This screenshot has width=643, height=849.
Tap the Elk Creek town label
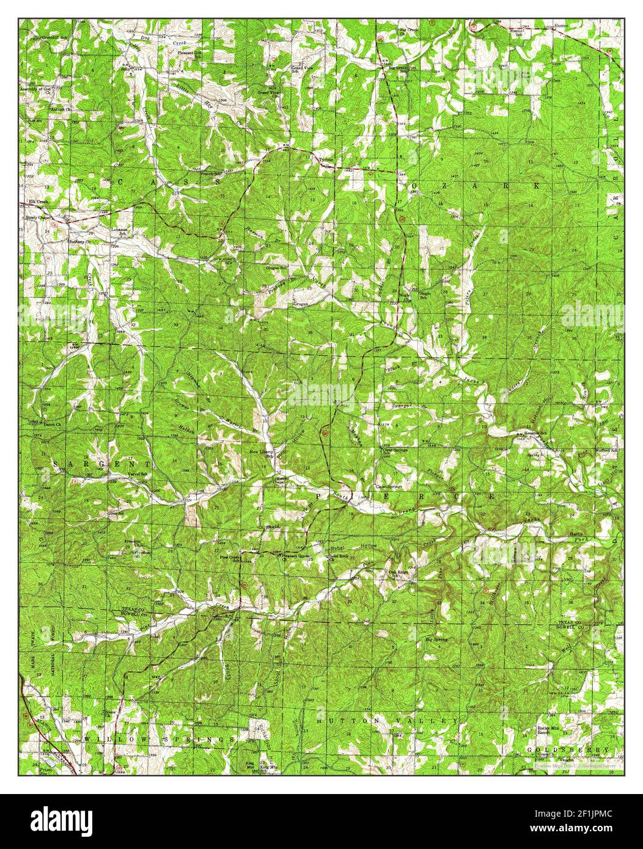coord(37,202)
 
